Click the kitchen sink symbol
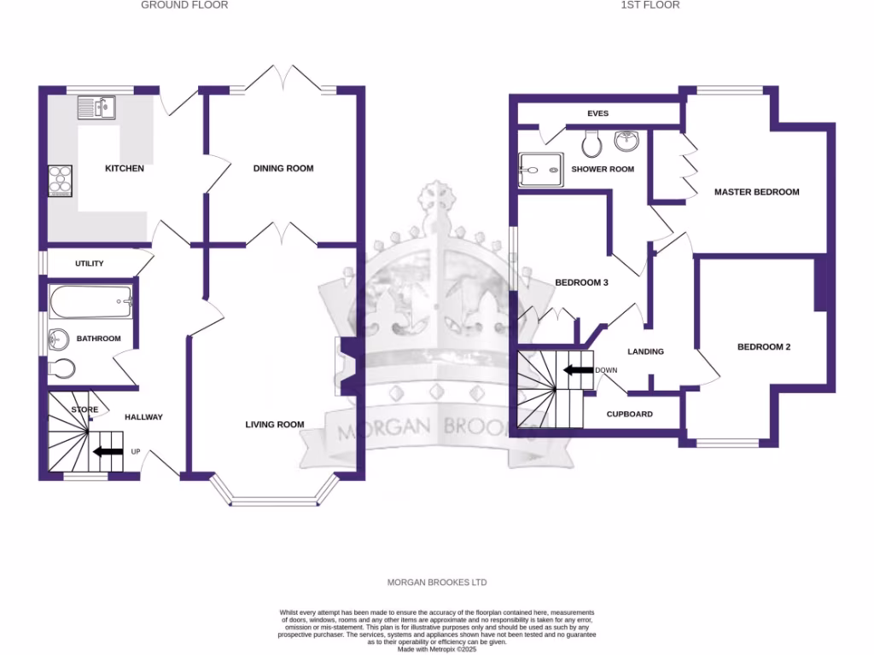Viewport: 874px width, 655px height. [96, 108]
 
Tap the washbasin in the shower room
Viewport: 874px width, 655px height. [627, 139]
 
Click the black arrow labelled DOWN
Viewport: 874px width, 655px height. [578, 370]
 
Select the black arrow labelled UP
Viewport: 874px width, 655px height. [108, 451]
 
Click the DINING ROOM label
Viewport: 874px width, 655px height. [283, 169]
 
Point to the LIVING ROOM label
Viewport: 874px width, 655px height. [275, 425]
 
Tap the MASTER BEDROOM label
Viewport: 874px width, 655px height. [756, 192]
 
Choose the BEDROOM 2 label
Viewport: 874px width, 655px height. [764, 347]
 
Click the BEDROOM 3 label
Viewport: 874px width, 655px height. [581, 283]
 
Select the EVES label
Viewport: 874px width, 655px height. [597, 113]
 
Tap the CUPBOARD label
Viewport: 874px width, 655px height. [629, 414]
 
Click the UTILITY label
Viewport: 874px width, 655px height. [90, 264]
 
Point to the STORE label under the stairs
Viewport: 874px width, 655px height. [85, 410]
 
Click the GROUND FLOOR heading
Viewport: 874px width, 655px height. [184, 5]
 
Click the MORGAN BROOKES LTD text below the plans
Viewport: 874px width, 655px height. [437, 583]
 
